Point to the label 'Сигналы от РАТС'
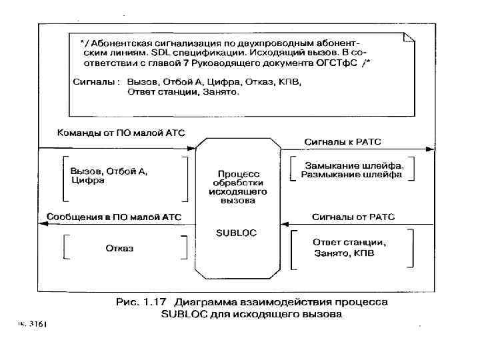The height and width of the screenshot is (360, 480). click(x=353, y=217)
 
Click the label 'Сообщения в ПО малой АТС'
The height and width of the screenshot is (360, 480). click(x=115, y=217)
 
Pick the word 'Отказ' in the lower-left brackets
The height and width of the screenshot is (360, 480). click(x=119, y=248)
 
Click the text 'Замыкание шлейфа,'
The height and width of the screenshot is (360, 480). click(x=359, y=165)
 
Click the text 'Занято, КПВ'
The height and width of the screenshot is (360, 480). click(x=343, y=254)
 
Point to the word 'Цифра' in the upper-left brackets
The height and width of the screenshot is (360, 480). click(x=83, y=181)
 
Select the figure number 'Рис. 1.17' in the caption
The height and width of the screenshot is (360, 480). click(x=141, y=302)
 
